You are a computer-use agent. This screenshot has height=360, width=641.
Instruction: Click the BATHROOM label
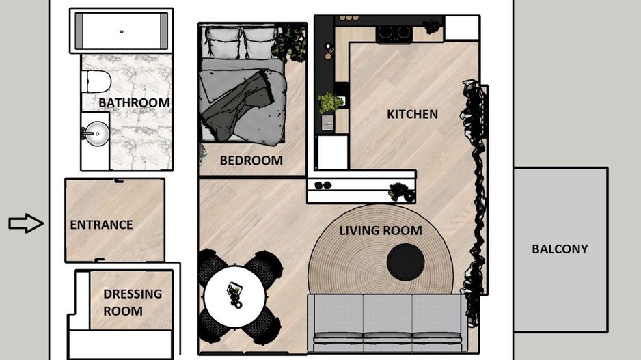pos(134,102)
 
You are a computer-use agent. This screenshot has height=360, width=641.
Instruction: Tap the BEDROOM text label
pos(251,161)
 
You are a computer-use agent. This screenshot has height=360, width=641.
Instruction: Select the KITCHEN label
pos(412,114)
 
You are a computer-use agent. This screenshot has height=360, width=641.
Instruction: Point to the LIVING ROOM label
pos(380,230)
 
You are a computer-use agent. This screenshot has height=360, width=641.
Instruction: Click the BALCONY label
pos(560,249)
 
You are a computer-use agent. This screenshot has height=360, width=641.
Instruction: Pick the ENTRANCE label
pos(101,225)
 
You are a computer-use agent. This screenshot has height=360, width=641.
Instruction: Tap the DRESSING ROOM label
pos(133,303)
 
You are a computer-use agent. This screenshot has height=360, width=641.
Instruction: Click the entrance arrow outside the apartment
pos(26,223)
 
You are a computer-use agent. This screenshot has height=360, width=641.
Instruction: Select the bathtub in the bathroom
pos(122,31)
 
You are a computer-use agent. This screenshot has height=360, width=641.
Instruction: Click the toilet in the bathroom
pos(96,82)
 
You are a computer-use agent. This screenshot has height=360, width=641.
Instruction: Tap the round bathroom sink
pos(96,134)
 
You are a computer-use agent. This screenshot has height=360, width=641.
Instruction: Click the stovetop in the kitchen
pos(394,32)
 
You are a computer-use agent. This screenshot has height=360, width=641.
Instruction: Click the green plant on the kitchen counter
pos(330,102)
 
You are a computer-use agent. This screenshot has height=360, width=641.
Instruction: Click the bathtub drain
pos(122,31)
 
